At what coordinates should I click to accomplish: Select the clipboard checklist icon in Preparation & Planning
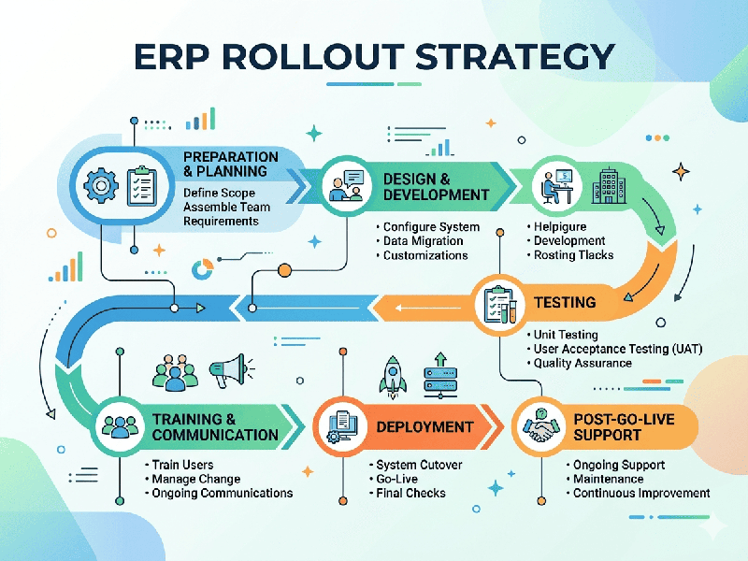point(142,184)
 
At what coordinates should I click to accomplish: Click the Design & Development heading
point(436,186)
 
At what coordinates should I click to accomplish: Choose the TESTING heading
point(564,302)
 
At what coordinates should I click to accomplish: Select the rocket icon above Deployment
point(391,372)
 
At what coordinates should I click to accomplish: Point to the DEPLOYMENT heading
point(424,427)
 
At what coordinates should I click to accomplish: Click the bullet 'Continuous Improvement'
point(641,493)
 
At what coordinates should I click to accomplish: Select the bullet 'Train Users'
point(181,465)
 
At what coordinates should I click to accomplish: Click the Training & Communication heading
point(215,427)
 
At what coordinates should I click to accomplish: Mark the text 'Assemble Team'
point(227,208)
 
